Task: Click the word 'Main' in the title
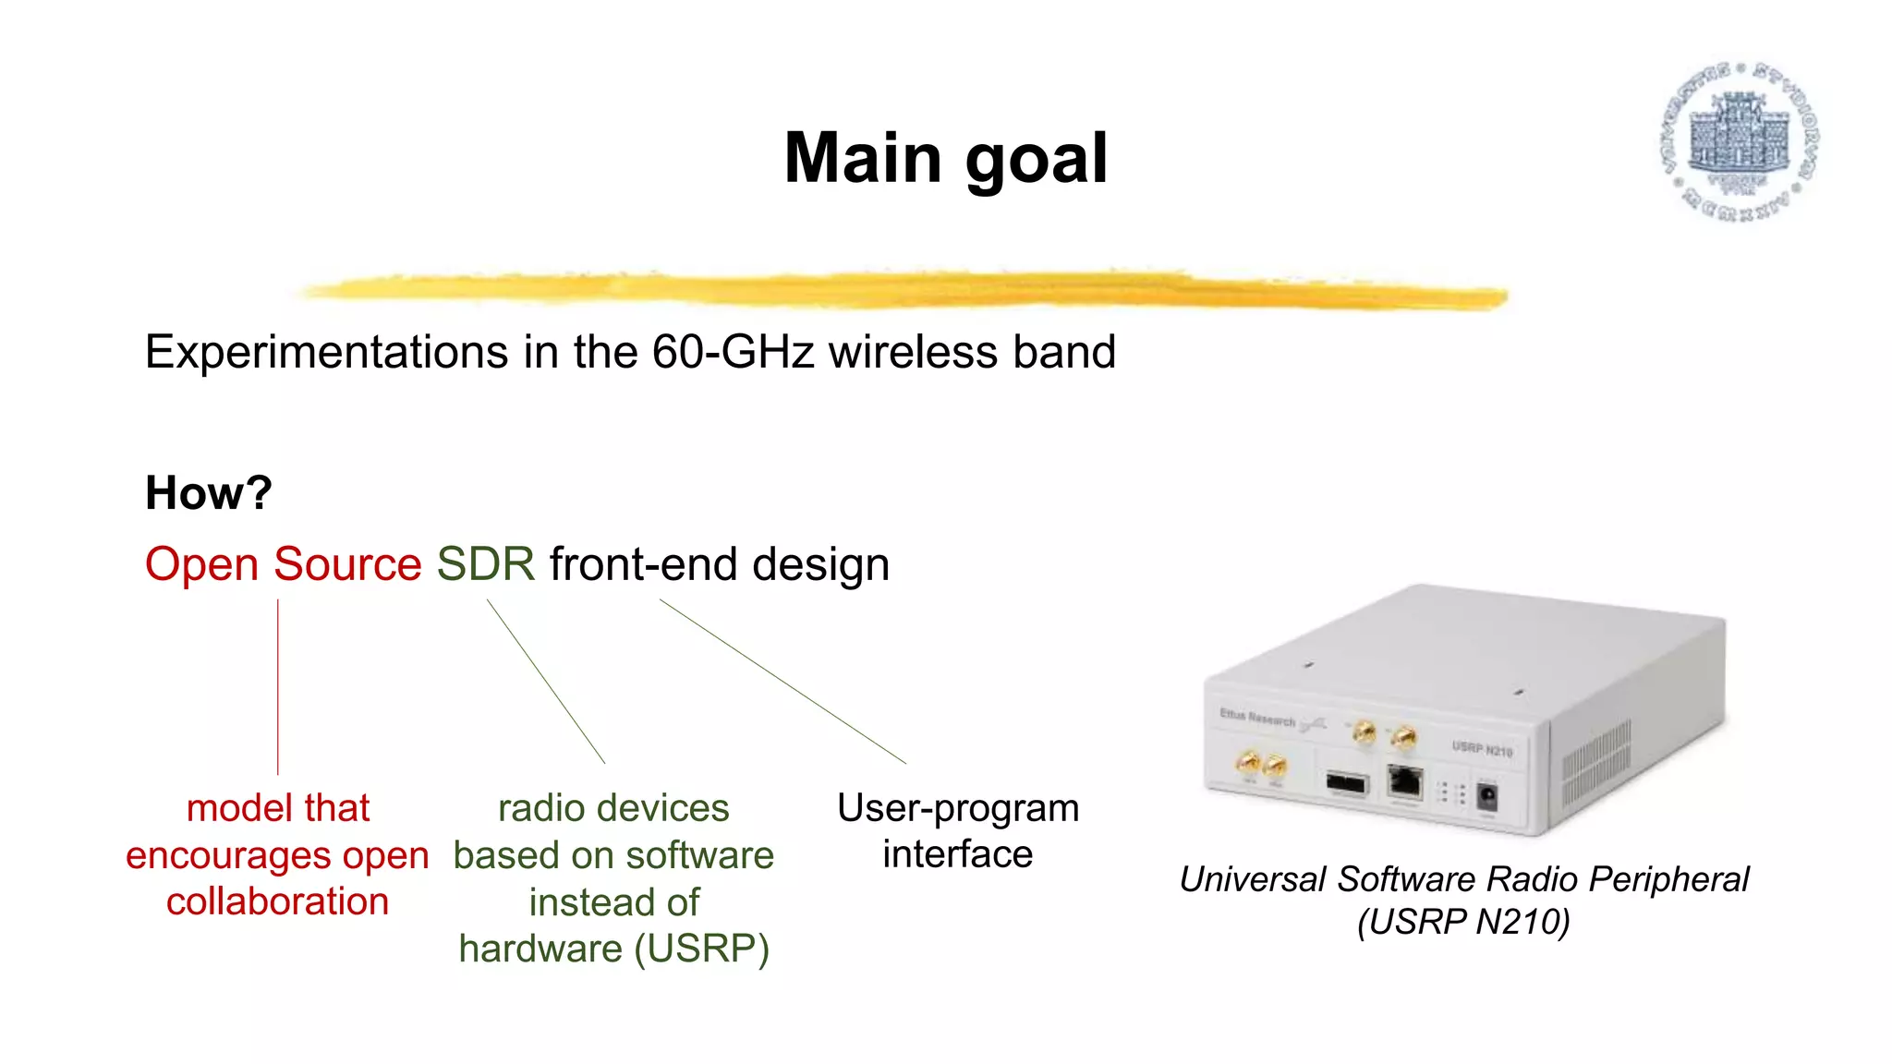(863, 159)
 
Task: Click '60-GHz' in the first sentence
(733, 352)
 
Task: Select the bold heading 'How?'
(209, 492)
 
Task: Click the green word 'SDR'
(485, 563)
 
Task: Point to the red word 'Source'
(347, 563)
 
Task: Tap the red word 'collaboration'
(277, 901)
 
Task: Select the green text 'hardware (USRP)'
(613, 949)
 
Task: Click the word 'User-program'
(958, 808)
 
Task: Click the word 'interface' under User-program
(957, 854)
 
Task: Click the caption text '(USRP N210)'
(1463, 922)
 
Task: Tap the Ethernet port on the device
(1405, 781)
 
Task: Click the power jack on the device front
(1487, 796)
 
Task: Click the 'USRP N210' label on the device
(1482, 749)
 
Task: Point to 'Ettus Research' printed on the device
(1257, 717)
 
